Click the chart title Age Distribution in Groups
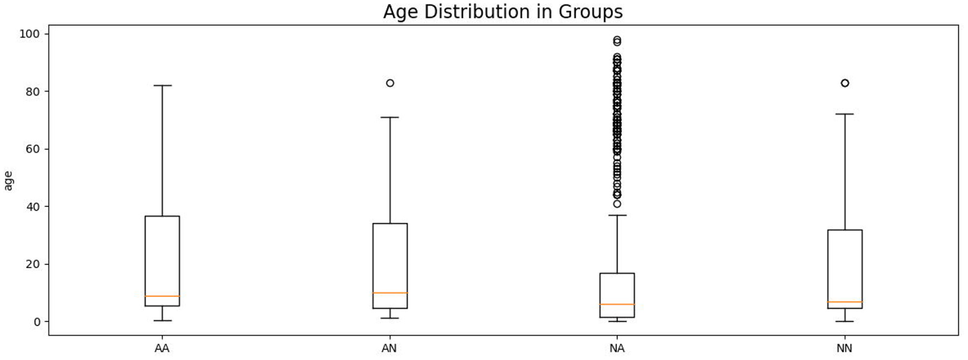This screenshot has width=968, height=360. [x=503, y=11]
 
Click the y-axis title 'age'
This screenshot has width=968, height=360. [x=8, y=181]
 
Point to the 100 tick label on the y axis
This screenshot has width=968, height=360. [x=29, y=34]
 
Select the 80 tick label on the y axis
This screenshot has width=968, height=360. [x=33, y=92]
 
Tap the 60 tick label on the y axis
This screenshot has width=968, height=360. [x=33, y=149]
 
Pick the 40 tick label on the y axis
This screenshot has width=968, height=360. [x=33, y=206]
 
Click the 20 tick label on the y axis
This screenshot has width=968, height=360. [x=33, y=264]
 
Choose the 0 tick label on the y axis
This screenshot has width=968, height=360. [x=37, y=322]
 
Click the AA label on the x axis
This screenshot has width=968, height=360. [x=162, y=348]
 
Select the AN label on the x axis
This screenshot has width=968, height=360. [x=389, y=348]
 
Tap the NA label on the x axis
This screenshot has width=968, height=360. [x=617, y=348]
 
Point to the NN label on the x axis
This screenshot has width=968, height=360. [x=845, y=348]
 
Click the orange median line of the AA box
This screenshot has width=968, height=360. [x=162, y=296]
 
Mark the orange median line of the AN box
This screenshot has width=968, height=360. [x=390, y=293]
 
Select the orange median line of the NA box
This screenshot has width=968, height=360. [x=617, y=304]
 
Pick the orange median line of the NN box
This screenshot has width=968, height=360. [x=845, y=302]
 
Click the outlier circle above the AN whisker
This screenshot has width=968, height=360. [x=390, y=83]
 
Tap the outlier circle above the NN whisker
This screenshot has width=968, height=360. [x=845, y=83]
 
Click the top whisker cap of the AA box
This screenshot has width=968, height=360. [x=162, y=86]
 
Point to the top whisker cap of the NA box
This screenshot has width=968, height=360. [x=617, y=215]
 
